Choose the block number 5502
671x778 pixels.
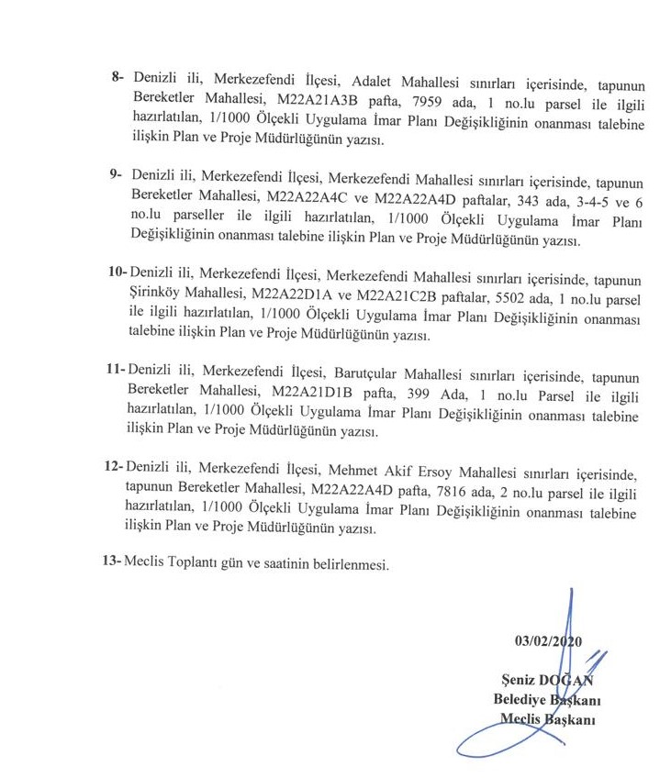pos(494,297)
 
